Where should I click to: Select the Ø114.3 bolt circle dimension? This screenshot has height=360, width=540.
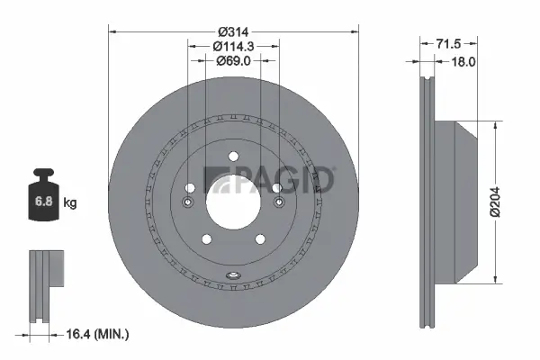233,45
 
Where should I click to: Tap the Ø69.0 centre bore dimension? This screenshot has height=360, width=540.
233,61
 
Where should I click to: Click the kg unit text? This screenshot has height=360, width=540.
70,202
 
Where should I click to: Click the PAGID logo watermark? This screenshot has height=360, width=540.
270,179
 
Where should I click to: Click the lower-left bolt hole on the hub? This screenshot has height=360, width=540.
206,238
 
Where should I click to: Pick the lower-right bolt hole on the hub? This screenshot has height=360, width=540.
259,238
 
